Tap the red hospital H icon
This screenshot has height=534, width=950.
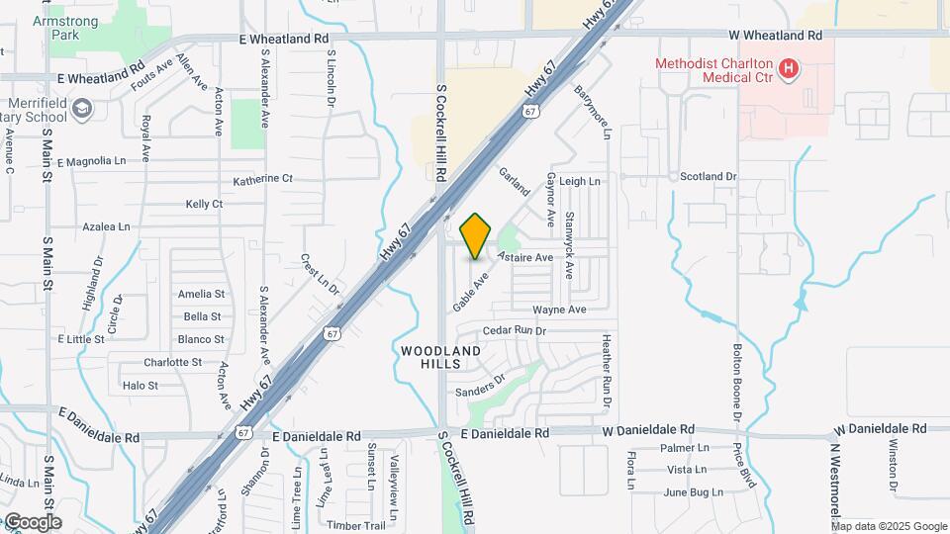pyautogui.click(x=789, y=68)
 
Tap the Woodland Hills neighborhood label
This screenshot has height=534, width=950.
pyautogui.click(x=441, y=357)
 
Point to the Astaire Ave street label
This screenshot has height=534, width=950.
pyautogui.click(x=525, y=257)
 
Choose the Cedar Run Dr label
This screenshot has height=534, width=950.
pyautogui.click(x=515, y=330)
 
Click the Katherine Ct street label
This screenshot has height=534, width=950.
pyautogui.click(x=263, y=180)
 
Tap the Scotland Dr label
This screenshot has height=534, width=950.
pyautogui.click(x=709, y=177)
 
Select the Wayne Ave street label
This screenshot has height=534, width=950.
pyautogui.click(x=559, y=310)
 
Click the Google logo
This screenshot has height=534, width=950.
pyautogui.click(x=32, y=522)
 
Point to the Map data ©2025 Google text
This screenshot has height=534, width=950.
pyautogui.click(x=890, y=526)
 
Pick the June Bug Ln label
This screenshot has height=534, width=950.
pyautogui.click(x=688, y=492)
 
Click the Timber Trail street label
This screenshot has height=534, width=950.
pyautogui.click(x=355, y=525)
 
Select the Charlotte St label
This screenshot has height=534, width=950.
pyautogui.click(x=172, y=362)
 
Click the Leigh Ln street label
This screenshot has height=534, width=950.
pyautogui.click(x=580, y=182)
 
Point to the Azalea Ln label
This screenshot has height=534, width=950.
pyautogui.click(x=106, y=226)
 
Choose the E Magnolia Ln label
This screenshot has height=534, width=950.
pyautogui.click(x=92, y=161)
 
